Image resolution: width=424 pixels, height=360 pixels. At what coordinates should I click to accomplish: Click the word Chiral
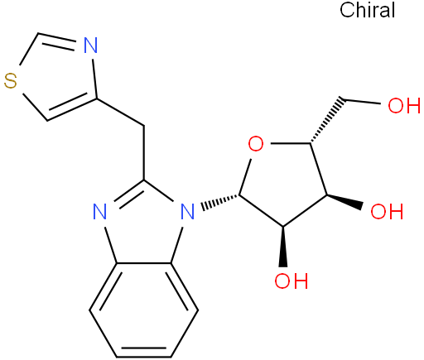367,10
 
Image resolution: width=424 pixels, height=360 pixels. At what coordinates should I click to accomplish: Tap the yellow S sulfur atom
11,81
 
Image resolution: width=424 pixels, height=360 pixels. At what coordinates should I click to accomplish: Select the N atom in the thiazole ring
90,46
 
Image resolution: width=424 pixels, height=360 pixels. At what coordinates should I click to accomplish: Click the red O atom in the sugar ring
256,144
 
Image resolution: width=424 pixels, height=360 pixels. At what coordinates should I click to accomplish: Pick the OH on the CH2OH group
404,105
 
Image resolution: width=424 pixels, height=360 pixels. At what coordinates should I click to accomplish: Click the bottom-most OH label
291,281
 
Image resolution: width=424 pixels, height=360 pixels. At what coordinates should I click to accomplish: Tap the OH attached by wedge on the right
387,211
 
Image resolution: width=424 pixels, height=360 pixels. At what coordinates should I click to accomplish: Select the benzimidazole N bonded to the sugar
187,211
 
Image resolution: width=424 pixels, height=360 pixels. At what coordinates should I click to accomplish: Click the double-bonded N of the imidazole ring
99,211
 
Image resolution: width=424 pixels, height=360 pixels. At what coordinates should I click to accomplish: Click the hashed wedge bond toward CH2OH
327,121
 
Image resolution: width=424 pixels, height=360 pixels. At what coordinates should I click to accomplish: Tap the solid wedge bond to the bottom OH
283,247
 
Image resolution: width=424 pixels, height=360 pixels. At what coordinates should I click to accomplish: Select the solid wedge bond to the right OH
344,200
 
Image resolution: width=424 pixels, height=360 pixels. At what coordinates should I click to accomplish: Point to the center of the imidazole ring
144,226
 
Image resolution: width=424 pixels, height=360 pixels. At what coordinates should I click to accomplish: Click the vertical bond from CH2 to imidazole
144,153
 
